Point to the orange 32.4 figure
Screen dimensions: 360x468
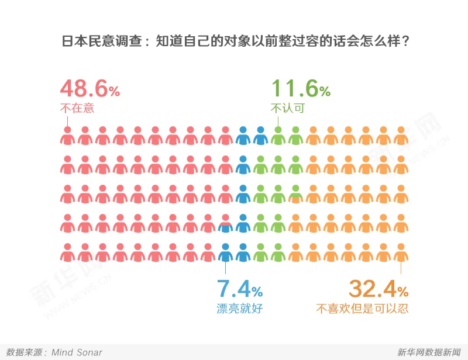[x=371, y=289]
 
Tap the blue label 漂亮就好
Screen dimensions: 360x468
[x=240, y=308]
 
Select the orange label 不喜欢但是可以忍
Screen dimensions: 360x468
[x=362, y=308]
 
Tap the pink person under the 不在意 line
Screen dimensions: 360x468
[x=68, y=136]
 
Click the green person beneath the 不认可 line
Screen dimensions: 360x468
[x=278, y=136]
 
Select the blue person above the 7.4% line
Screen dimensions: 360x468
[x=225, y=252]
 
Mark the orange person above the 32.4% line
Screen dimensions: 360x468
[x=401, y=252]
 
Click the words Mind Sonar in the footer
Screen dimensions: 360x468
[x=77, y=352]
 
